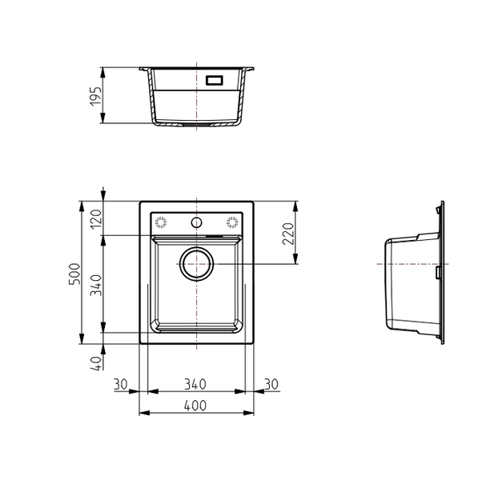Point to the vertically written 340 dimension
pyautogui.click(x=97, y=284)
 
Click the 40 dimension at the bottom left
pyautogui.click(x=97, y=362)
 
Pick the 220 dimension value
pyautogui.click(x=289, y=233)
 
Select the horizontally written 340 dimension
pyautogui.click(x=196, y=385)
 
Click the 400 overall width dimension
pyautogui.click(x=196, y=406)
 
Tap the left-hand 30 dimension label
pyautogui.click(x=121, y=385)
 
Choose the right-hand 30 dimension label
pyautogui.click(x=271, y=385)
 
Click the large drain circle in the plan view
pyautogui.click(x=197, y=263)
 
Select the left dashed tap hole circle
pyautogui.click(x=160, y=222)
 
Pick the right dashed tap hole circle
pyautogui.click(x=233, y=222)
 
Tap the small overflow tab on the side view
pyautogui.click(x=438, y=273)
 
